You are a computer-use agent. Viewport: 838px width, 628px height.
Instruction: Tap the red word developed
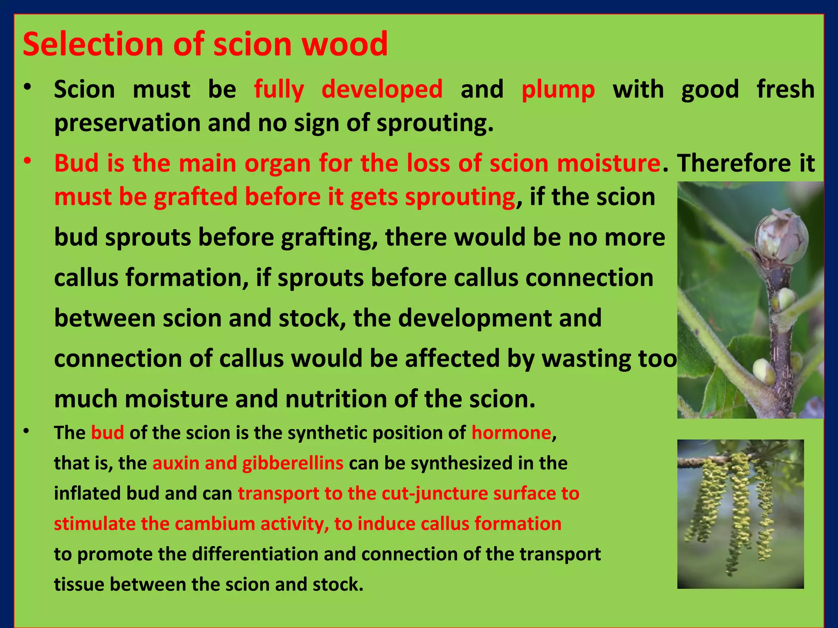(x=382, y=90)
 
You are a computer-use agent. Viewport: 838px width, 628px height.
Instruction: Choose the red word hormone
(x=511, y=433)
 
